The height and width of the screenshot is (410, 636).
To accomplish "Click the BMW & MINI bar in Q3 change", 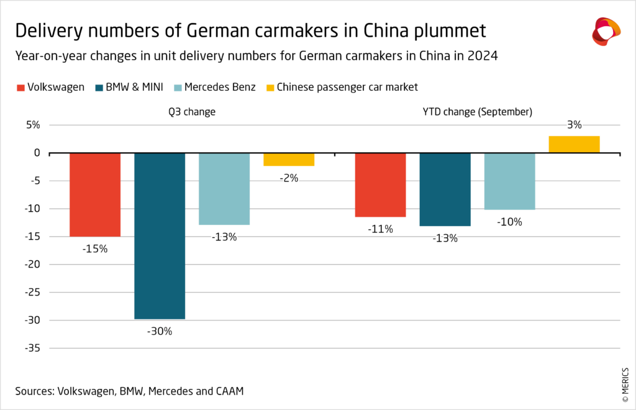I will (160, 235).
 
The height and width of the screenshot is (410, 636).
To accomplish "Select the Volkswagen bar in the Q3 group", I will (95, 194).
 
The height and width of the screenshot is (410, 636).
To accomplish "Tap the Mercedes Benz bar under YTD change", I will (509, 181).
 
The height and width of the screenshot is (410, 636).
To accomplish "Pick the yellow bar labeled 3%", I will (574, 144).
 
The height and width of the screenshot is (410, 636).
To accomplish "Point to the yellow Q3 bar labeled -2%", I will (289, 159).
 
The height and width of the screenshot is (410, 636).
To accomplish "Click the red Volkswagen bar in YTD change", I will (380, 184).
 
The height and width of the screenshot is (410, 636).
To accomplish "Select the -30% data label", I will (160, 331).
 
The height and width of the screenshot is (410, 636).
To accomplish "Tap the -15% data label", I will (95, 248).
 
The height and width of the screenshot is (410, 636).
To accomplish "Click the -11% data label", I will (380, 229).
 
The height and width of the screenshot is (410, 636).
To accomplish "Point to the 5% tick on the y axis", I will (32, 125).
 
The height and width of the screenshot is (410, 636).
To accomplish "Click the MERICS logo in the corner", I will (606, 30).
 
